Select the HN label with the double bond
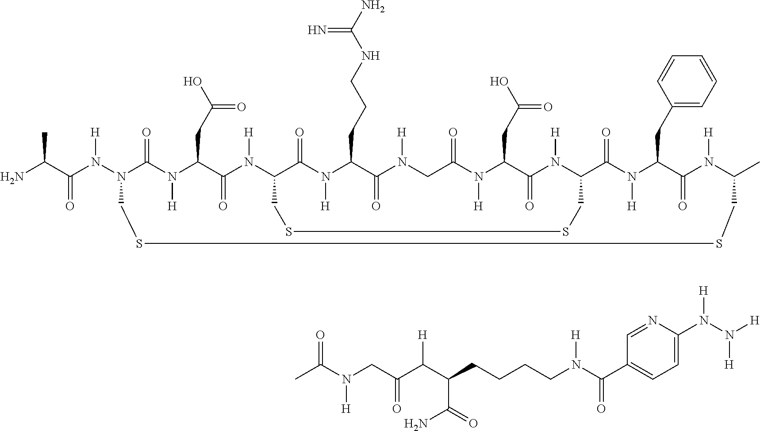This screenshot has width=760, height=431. point(318,31)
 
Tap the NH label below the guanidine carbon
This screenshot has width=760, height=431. point(370,56)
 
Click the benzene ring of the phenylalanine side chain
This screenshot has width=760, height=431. point(686,81)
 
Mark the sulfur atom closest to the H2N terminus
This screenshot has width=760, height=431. point(139,243)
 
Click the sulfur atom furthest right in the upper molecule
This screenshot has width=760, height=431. point(719,243)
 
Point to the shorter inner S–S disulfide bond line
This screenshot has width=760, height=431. point(427,231)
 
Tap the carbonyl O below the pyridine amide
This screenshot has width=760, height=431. point(601,408)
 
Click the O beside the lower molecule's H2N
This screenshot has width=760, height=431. point(472,423)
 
